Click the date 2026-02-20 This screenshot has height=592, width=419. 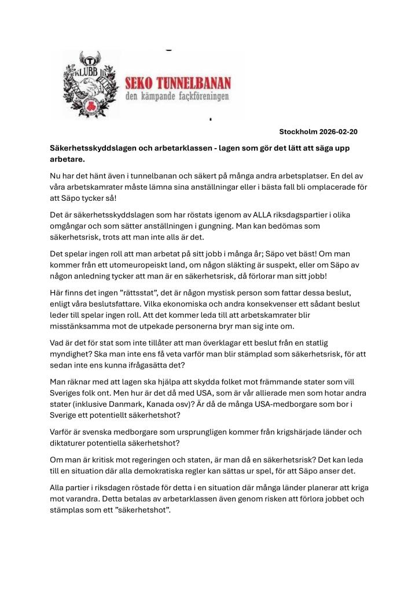pyautogui.click(x=338, y=132)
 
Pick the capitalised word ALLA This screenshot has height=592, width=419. pyautogui.click(x=245, y=215)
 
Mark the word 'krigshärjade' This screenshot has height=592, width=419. pyautogui.click(x=281, y=431)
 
